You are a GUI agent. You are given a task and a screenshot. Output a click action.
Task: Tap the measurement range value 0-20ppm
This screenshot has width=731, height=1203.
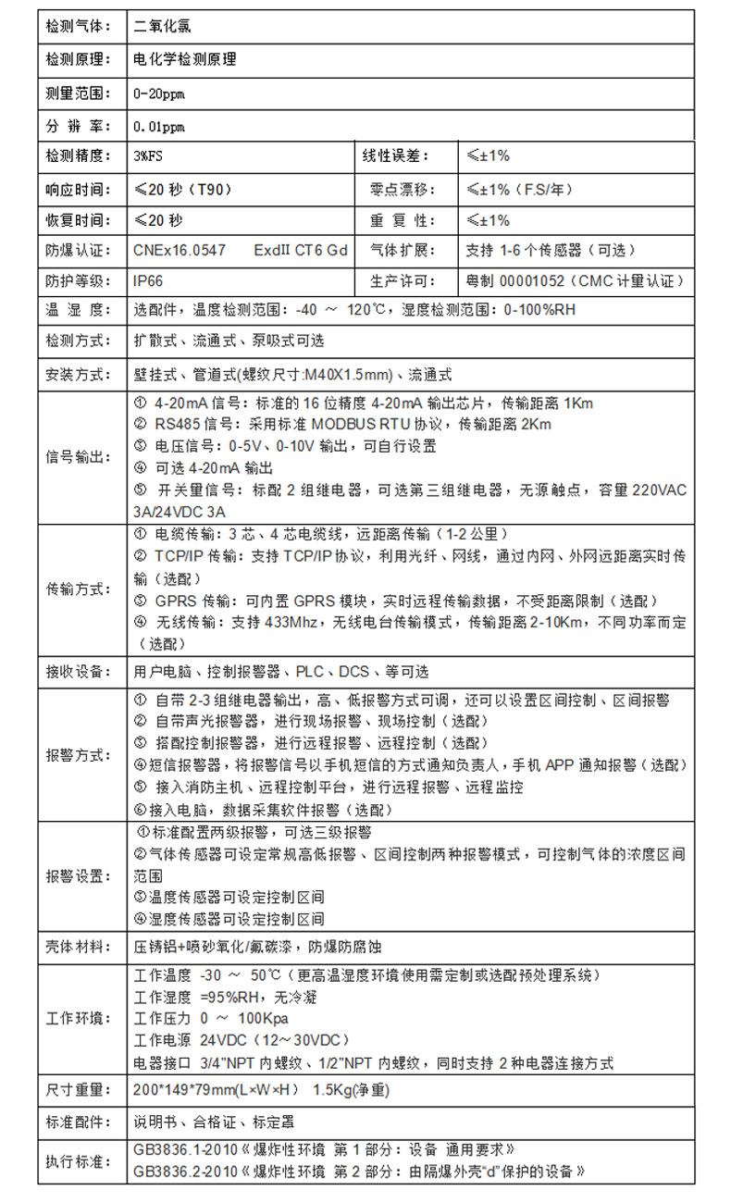(159, 93)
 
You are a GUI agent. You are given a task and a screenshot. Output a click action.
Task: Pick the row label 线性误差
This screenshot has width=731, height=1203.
(394, 155)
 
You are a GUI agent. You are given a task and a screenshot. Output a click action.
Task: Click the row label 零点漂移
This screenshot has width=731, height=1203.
(394, 189)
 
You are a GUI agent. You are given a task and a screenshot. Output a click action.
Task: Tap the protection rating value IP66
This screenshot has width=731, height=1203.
(148, 280)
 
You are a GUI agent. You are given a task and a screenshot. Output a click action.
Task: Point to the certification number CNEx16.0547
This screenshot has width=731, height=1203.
(180, 250)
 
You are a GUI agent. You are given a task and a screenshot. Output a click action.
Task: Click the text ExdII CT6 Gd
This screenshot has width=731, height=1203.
(301, 250)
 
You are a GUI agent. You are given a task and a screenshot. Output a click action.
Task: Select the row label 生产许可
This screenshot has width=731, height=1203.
(394, 280)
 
